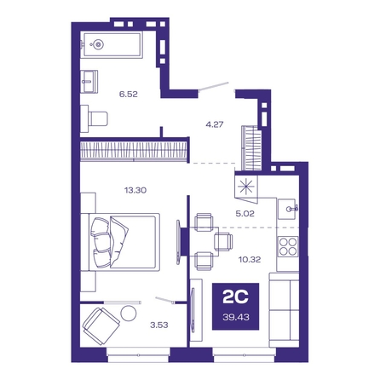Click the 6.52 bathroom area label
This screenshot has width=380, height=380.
[x=129, y=94]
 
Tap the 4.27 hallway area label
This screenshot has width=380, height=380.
[x=215, y=124]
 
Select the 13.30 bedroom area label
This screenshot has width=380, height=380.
[x=135, y=190]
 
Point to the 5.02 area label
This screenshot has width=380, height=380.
[x=245, y=214]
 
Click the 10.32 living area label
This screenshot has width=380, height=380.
[x=250, y=259]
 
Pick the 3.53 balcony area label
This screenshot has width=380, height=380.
[x=159, y=325]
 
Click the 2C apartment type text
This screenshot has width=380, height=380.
[x=235, y=297]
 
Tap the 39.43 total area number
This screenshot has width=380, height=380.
[x=236, y=317]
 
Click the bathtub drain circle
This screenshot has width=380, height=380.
[x=98, y=44]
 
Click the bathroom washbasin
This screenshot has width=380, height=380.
[x=89, y=82]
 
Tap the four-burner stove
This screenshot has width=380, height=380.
[x=288, y=246]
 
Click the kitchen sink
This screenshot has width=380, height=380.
[x=288, y=209]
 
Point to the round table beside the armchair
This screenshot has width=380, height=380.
[x=129, y=313]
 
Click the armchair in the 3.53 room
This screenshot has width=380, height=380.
[x=101, y=326]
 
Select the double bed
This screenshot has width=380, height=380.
[x=120, y=242]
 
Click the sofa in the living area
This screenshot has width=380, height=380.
[x=284, y=310]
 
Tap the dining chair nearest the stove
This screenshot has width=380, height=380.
[x=223, y=242]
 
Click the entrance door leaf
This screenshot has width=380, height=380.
[x=214, y=86]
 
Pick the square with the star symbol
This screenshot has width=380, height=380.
[x=246, y=187]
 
